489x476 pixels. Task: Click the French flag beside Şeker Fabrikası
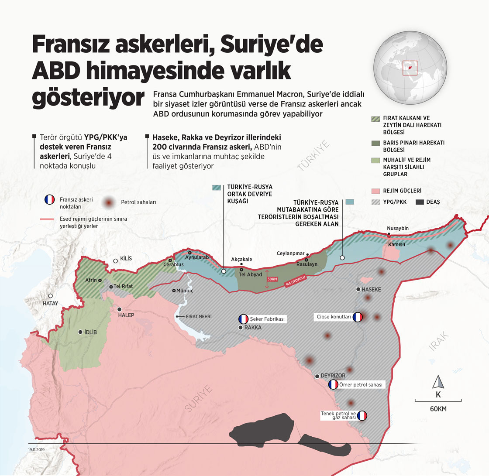tap(243, 319)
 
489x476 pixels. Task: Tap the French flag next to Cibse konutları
tap(358, 318)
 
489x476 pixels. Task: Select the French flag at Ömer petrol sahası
tap(333, 385)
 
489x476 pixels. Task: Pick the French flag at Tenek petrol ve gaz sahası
tap(362, 416)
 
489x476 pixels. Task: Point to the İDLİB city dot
tap(80, 332)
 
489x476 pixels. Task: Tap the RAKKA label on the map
tap(253, 327)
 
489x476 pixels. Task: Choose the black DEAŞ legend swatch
tap(420, 202)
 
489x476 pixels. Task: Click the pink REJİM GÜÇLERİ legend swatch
tap(375, 191)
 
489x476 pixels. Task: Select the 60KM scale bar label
tap(438, 409)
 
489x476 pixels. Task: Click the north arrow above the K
tap(438, 383)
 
